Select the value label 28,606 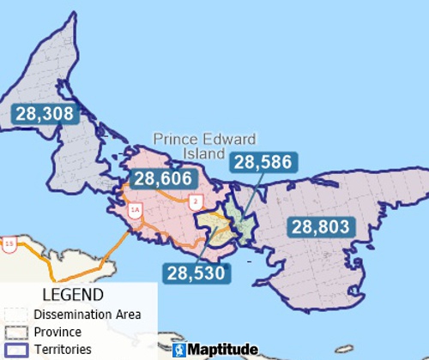[163, 179]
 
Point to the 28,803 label [320, 226]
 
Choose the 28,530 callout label [196, 273]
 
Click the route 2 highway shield [196, 201]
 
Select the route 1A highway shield [134, 209]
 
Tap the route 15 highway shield [9, 245]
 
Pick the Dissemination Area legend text [87, 314]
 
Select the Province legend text [58, 332]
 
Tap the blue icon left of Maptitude [178, 351]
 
